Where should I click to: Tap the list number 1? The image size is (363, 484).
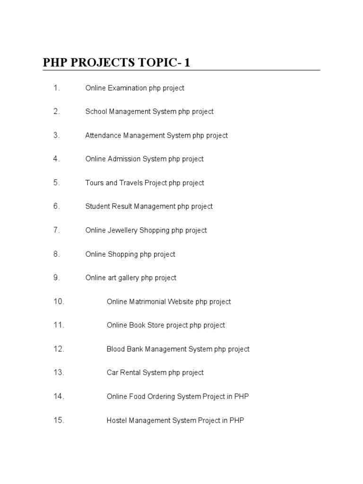(x=57, y=88)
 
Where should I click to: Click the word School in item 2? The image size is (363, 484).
(x=96, y=112)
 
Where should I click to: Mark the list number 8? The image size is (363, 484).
(x=57, y=254)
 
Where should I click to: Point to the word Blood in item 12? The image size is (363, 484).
(x=116, y=349)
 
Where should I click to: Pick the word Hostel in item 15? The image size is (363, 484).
(x=117, y=420)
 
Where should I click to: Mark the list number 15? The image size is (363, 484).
(x=59, y=420)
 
